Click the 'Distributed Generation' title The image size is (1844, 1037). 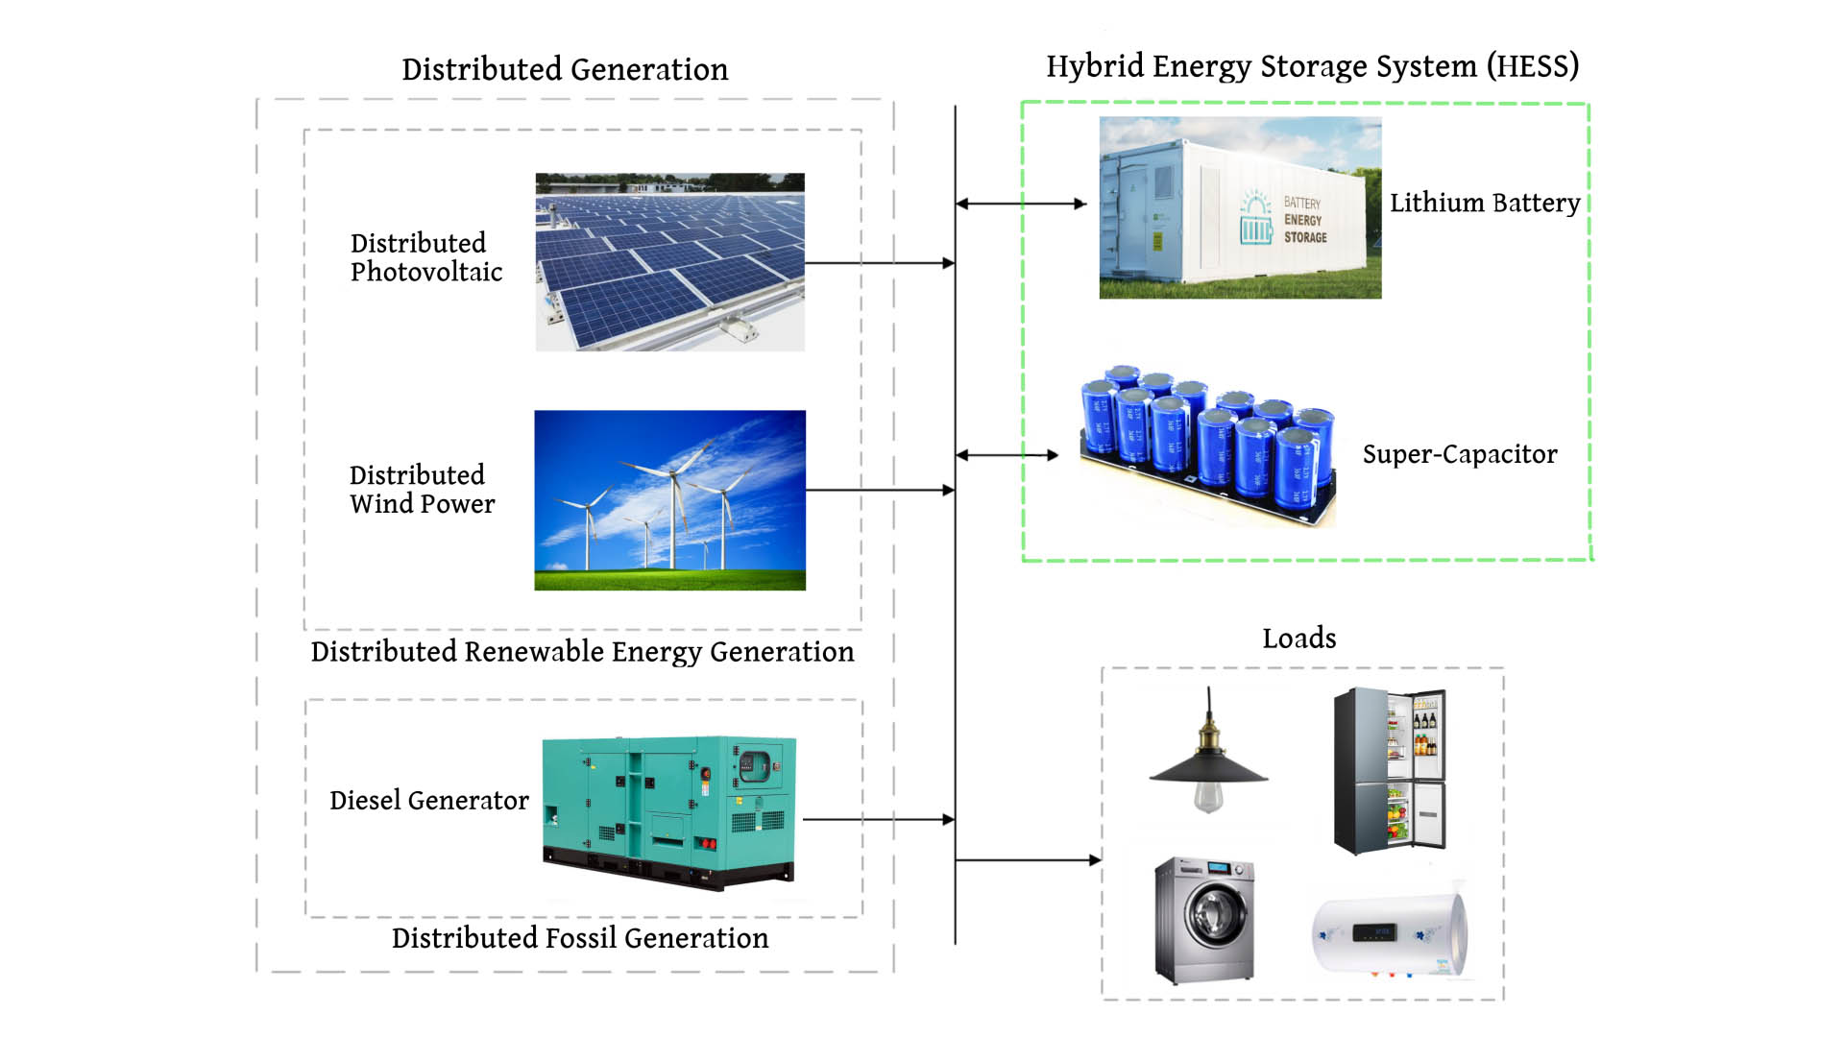565,69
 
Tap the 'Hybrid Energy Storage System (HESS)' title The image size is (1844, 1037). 1312,66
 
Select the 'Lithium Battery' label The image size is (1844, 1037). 1484,203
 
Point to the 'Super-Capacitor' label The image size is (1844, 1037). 1459,454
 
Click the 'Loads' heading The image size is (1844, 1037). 1298,639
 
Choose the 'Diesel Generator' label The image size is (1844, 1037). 428,801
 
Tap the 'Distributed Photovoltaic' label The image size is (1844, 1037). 425,257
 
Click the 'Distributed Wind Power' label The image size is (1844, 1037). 422,490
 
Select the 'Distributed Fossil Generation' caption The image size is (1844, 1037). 580,938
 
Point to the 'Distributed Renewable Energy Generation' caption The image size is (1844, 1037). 582,652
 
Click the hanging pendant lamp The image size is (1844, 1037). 1209,759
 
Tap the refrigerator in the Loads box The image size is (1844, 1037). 1390,771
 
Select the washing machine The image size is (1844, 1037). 1204,920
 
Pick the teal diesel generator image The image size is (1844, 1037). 669,812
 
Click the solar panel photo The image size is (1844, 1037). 669,262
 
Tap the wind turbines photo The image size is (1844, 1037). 669,500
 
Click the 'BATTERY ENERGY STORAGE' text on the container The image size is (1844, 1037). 1304,220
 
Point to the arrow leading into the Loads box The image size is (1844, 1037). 1028,860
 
